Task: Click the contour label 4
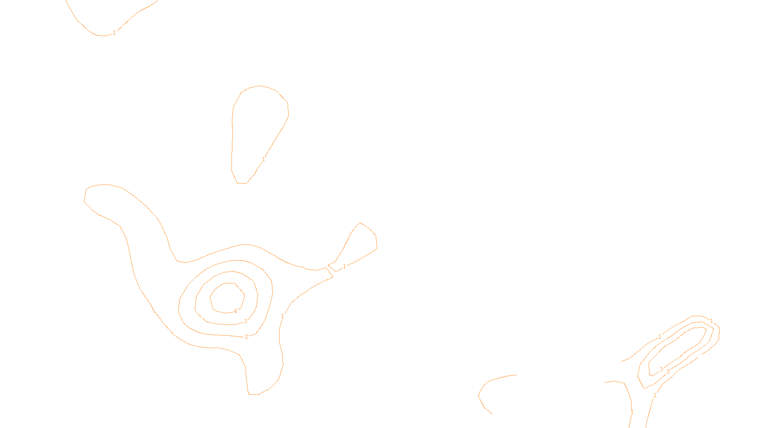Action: [x=235, y=311]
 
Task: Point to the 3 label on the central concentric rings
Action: [x=245, y=321]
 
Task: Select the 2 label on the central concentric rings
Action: [x=246, y=337]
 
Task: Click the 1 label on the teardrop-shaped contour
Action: [x=263, y=159]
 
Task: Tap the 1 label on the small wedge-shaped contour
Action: [x=344, y=266]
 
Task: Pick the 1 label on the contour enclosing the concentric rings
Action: [x=282, y=316]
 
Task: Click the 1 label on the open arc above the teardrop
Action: [x=114, y=33]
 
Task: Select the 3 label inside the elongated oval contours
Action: [x=661, y=370]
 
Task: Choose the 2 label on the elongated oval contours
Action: [x=668, y=371]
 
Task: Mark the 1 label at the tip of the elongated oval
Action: [x=712, y=321]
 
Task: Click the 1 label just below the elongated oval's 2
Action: [x=655, y=395]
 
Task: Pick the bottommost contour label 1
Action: [x=632, y=412]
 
